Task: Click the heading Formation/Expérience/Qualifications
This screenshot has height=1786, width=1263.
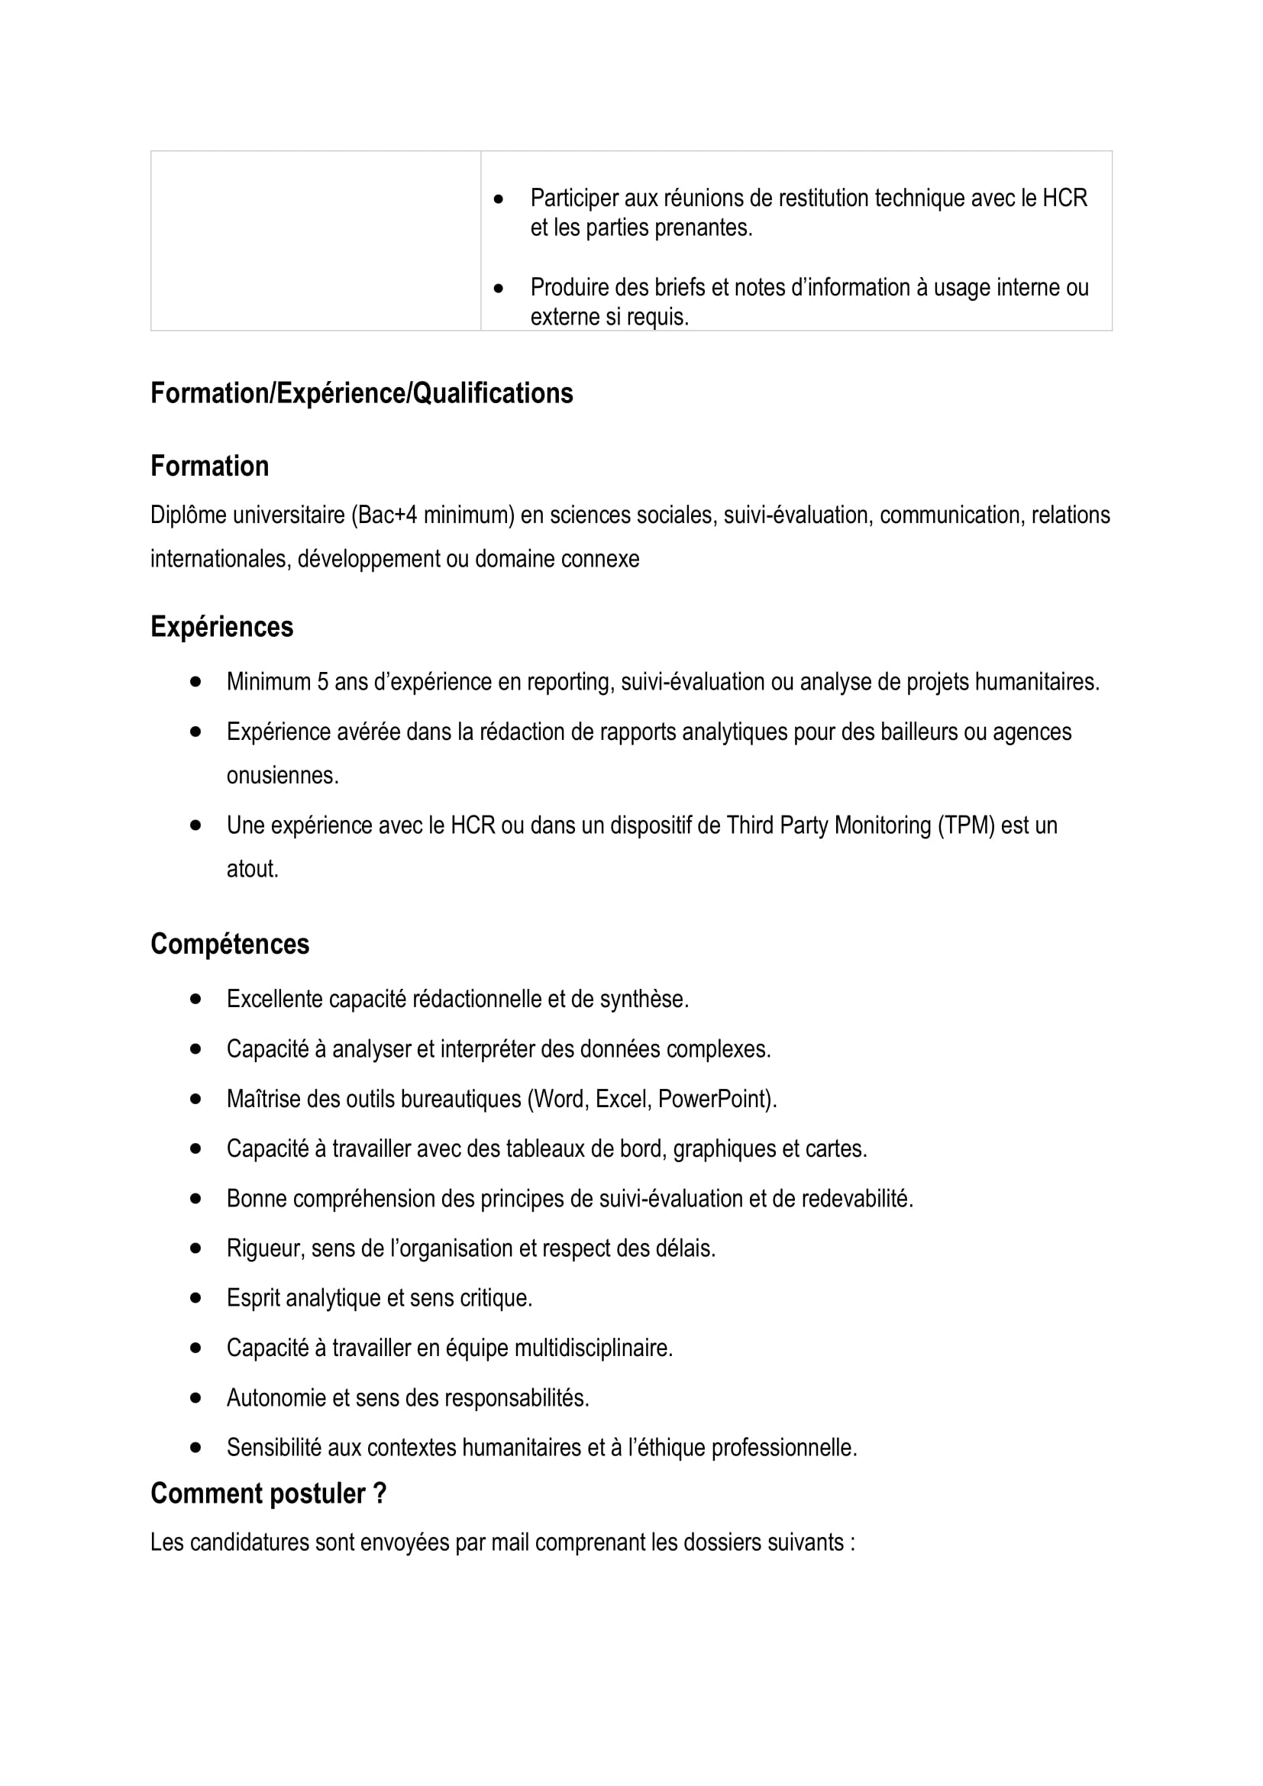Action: point(362,393)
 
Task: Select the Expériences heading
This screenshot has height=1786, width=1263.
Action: point(221,627)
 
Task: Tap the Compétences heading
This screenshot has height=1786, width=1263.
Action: point(229,945)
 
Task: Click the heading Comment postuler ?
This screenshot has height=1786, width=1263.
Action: point(268,1494)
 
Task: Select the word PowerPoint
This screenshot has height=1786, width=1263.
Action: point(714,1099)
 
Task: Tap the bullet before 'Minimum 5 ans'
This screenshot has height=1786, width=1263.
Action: point(195,681)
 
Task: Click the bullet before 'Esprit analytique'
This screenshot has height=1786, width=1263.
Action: point(195,1298)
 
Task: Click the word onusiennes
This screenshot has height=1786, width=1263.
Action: point(282,776)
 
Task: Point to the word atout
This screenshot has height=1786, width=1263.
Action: point(251,869)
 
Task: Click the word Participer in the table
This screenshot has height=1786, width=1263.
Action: point(574,199)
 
